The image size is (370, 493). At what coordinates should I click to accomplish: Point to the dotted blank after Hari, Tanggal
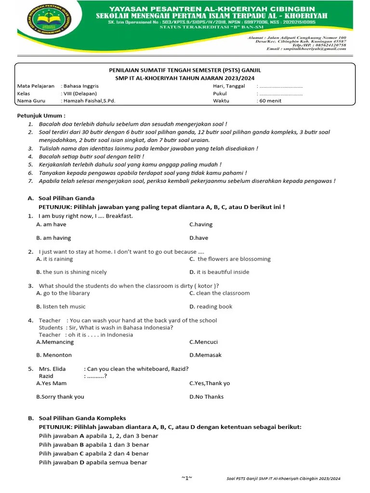tap(280, 86)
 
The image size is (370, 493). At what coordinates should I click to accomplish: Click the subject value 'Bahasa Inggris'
tap(80, 86)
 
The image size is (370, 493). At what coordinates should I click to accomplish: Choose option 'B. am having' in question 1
tap(53, 238)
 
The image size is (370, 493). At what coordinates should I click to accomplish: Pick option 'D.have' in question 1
tap(198, 238)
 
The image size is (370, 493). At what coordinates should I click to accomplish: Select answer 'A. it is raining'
tap(54, 259)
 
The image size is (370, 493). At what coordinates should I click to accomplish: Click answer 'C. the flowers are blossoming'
tap(230, 259)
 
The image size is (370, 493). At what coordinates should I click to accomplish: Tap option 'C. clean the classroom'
tap(219, 293)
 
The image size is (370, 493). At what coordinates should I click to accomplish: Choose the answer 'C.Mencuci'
tap(203, 342)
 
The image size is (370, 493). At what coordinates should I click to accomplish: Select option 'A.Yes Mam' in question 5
tap(51, 383)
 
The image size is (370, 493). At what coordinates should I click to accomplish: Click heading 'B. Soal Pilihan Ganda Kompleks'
tap(77, 418)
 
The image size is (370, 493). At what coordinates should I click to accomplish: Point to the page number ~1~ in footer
tap(187, 478)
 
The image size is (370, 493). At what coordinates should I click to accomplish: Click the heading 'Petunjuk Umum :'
tap(41, 116)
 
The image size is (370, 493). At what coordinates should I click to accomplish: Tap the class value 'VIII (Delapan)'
tap(79, 93)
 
